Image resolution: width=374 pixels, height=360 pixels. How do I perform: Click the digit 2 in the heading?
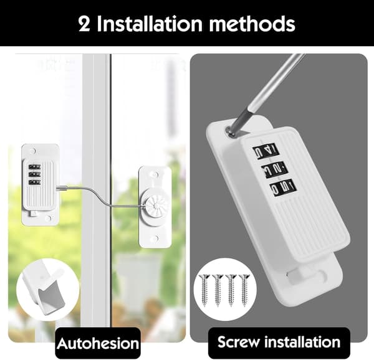coord(85,24)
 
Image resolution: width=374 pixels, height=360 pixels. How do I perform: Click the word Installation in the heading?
coord(150,24)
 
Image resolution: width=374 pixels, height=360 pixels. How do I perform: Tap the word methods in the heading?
coord(252,24)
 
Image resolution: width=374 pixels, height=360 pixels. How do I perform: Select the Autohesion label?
coord(98,343)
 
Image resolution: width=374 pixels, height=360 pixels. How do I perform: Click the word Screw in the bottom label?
coord(239,342)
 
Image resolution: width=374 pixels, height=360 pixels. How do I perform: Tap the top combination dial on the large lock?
coord(266,151)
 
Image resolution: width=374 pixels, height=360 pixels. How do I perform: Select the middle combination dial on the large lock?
coord(274,169)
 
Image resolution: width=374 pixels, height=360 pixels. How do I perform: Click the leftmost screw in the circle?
coord(204,290)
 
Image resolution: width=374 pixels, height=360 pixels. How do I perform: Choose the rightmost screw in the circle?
coord(244,290)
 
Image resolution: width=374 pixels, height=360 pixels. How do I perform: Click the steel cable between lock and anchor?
coord(100,196)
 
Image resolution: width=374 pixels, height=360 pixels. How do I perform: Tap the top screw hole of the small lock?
coord(33,151)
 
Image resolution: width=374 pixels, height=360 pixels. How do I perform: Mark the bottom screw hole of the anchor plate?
coord(155,239)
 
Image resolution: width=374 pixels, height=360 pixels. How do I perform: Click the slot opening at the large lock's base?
coord(307,276)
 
